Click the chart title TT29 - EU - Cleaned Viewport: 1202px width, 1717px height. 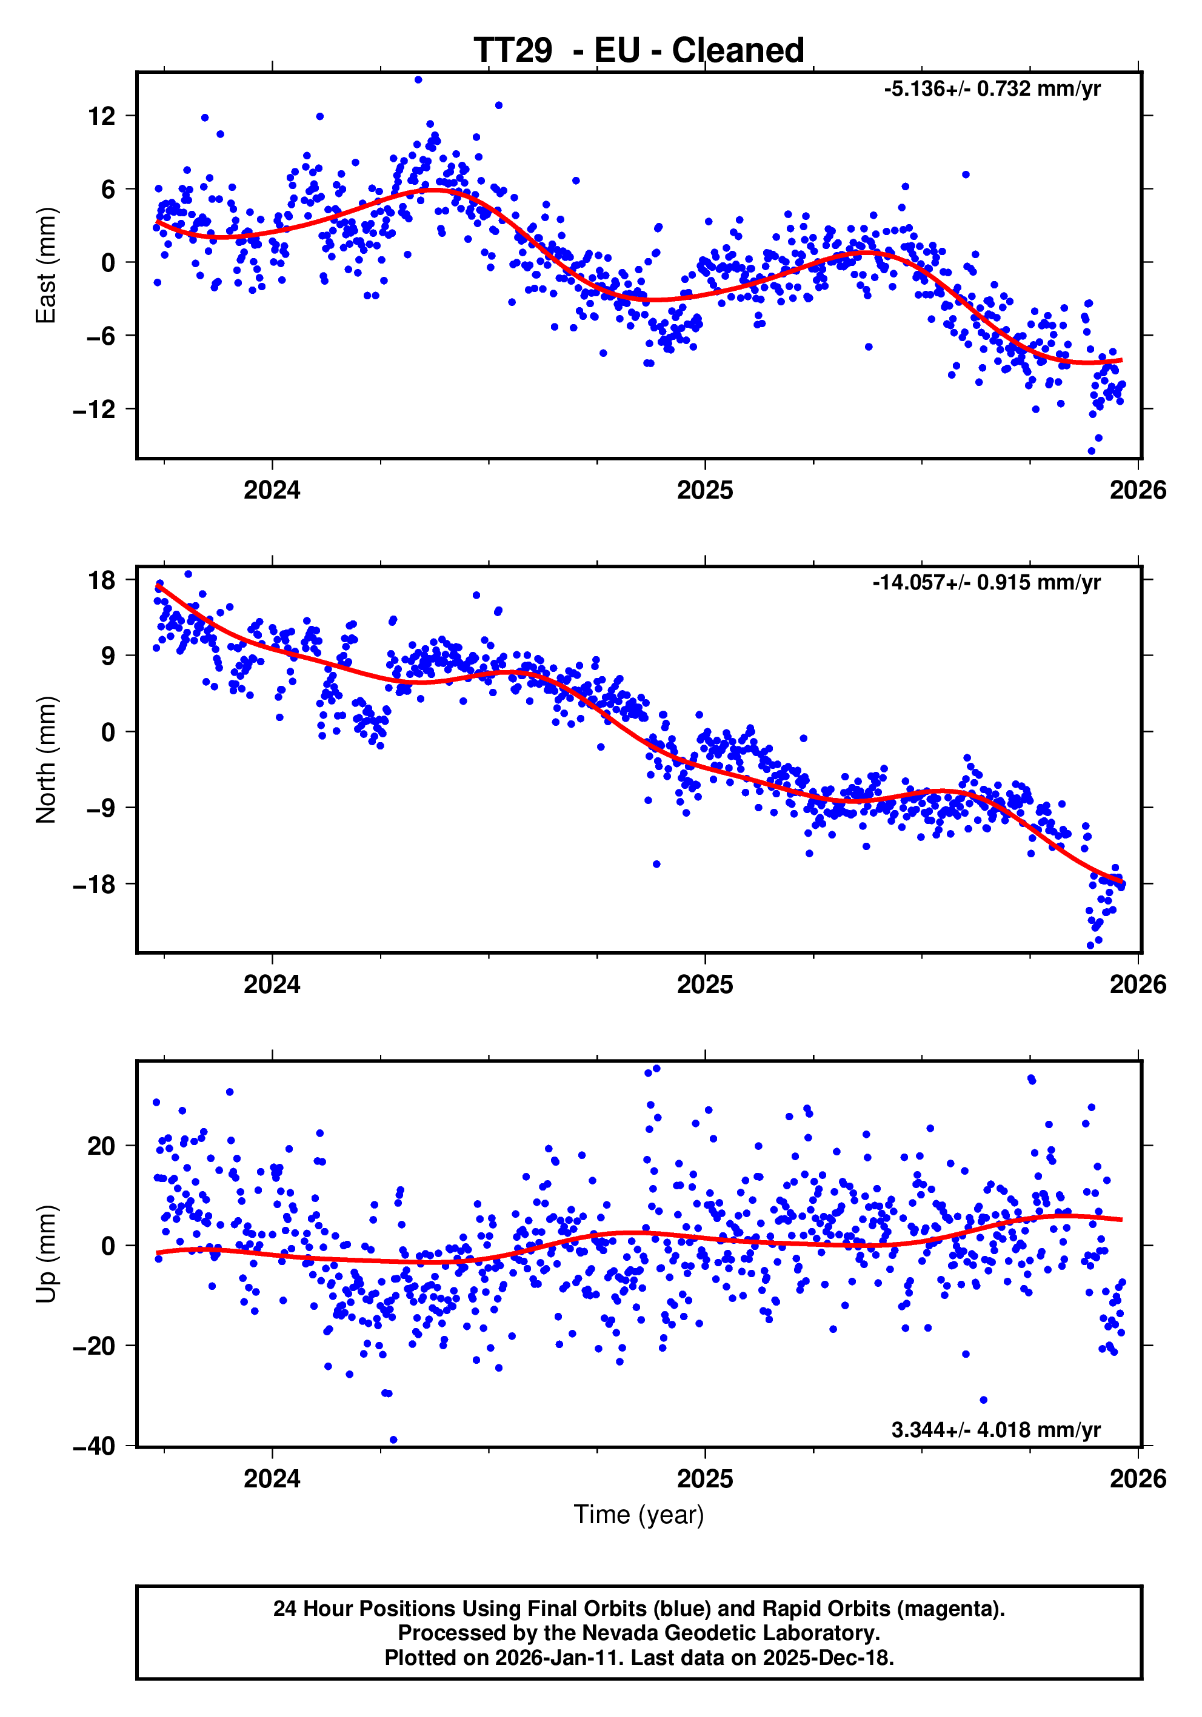click(639, 51)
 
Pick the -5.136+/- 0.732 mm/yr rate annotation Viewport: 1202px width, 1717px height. click(992, 89)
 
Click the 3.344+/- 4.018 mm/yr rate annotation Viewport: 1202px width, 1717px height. click(995, 1430)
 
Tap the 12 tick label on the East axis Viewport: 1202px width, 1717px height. click(102, 116)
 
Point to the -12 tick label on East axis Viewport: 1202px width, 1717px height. click(94, 409)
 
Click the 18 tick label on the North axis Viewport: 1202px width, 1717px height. click(102, 580)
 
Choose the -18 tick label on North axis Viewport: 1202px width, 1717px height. click(94, 884)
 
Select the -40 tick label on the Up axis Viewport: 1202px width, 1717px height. click(94, 1446)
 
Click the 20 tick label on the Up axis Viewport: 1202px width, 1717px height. click(102, 1146)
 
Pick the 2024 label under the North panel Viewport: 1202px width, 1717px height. click(272, 985)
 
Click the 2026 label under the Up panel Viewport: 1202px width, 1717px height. click(1138, 1479)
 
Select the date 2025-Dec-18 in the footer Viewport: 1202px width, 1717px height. click(827, 1658)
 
